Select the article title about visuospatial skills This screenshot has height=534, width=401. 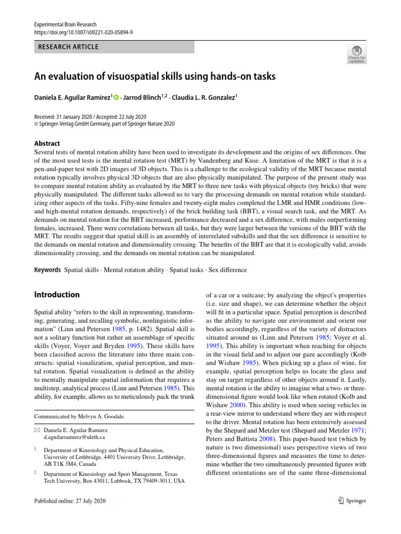coord(155,77)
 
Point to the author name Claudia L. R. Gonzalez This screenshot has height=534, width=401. coord(203,98)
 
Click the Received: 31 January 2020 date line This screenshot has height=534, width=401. coord(90,116)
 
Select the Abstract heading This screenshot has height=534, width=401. coord(47,143)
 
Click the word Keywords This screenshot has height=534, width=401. coord(48,270)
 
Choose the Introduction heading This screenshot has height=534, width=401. coord(57,295)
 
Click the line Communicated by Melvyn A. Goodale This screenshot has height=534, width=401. coord(80,417)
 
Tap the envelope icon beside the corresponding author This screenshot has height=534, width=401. coord(37,430)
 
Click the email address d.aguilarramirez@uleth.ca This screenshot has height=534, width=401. coord(74,438)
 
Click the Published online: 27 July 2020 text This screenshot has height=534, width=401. coord(69,501)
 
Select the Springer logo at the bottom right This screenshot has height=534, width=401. coord(351,501)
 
